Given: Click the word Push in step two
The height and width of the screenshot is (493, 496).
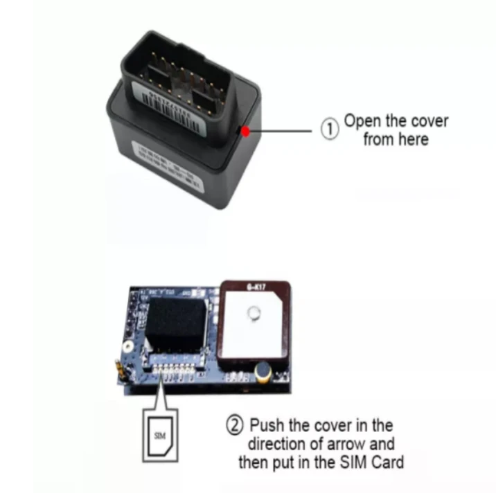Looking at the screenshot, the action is (x=265, y=424).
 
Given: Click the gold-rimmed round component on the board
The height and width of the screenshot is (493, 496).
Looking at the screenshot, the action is (x=263, y=374).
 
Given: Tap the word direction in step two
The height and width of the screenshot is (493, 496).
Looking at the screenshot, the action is (x=278, y=442).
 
